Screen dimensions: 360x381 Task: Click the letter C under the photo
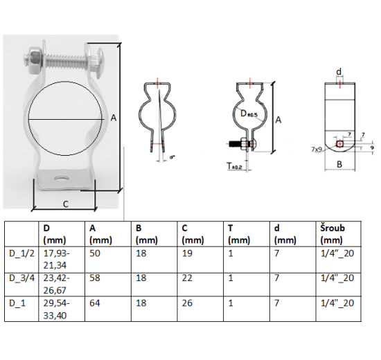pos(64,204)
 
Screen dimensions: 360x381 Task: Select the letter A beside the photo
pos(113,118)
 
